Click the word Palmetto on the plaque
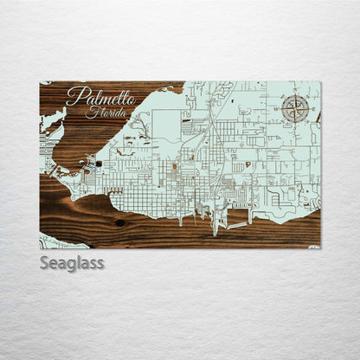tap(100, 96)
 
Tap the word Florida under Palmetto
tap(106, 112)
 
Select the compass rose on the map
tap(296, 109)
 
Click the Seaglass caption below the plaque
tap(71, 262)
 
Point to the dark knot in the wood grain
tap(119, 222)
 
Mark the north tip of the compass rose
tap(296, 95)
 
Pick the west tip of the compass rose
tap(282, 109)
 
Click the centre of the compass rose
tap(296, 109)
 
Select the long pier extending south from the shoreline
tap(215, 224)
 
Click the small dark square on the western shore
tap(99, 163)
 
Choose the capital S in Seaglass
tap(45, 261)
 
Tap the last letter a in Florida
tap(125, 113)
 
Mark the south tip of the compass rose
tap(296, 123)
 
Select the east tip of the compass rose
tap(310, 109)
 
